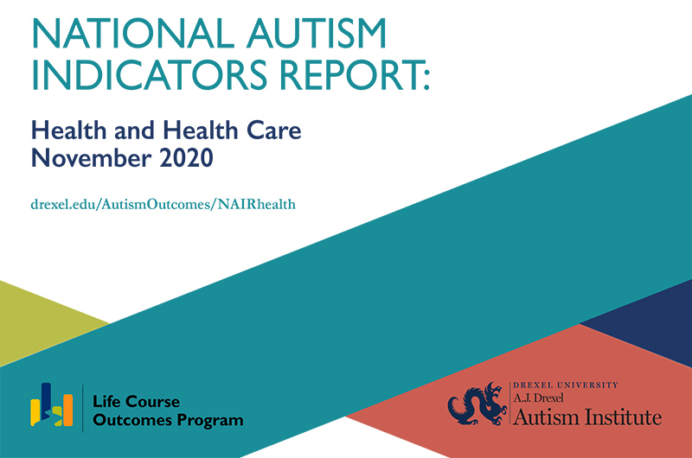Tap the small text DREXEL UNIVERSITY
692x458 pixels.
click(x=566, y=384)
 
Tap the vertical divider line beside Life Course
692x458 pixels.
click(x=83, y=405)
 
